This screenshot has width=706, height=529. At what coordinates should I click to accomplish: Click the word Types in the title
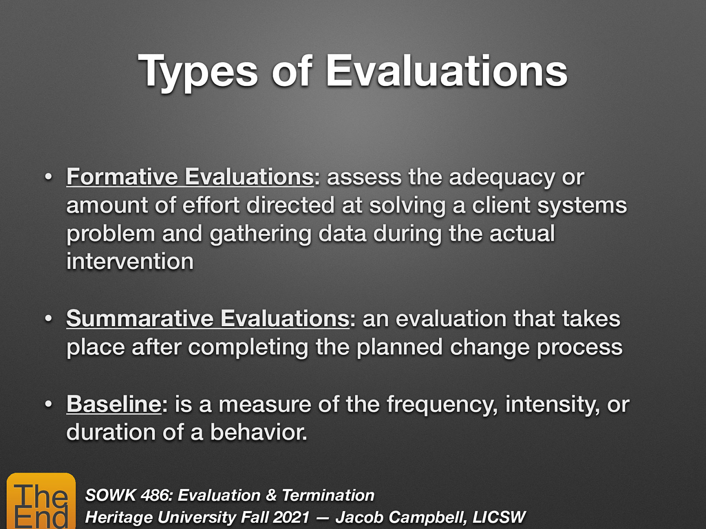[198, 72]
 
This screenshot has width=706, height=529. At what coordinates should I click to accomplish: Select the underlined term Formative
[122, 177]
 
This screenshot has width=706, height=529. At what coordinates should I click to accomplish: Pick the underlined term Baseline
[114, 404]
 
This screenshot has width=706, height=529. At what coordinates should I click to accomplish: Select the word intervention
[130, 261]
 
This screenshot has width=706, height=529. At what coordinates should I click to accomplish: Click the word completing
[248, 347]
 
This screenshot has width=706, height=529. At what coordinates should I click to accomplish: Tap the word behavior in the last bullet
[258, 432]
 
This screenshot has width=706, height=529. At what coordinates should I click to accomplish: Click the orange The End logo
[41, 501]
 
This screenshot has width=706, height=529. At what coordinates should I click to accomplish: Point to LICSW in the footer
[499, 517]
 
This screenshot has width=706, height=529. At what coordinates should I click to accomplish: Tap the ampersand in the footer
[271, 495]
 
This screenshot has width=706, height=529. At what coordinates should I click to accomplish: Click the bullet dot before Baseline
[49, 404]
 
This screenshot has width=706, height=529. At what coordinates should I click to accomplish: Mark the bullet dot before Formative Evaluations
[49, 177]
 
